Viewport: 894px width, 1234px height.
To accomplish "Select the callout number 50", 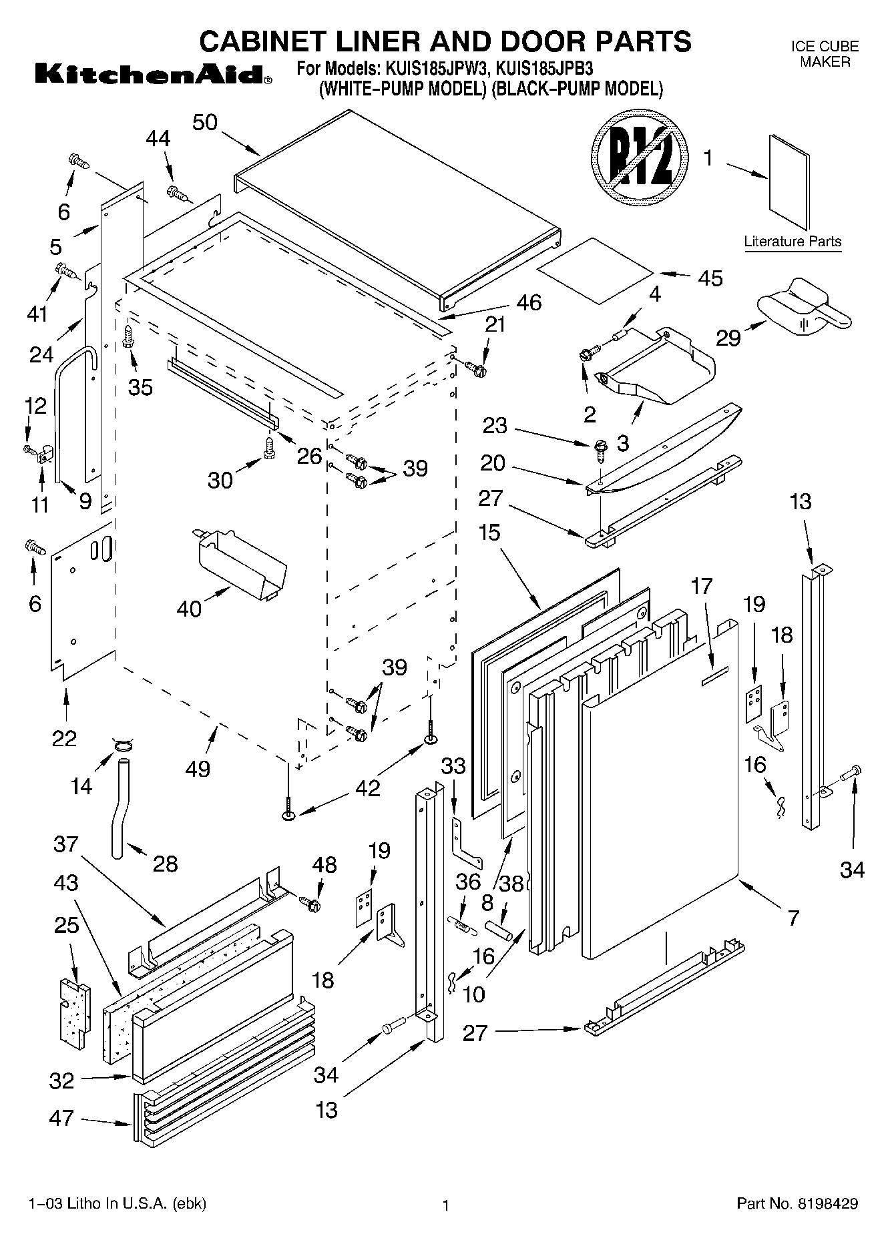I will coord(205,123).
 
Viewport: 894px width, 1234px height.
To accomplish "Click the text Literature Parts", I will coord(793,242).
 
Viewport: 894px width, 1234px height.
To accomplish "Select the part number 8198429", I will coord(828,1204).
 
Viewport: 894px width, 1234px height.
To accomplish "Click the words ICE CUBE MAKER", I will coord(825,54).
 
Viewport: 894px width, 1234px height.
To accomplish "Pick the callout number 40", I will coord(190,609).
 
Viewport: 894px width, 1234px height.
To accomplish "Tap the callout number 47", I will coord(61,1117).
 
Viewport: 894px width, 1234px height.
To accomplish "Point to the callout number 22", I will coord(65,738).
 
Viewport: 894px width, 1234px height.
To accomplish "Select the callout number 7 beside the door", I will coord(793,919).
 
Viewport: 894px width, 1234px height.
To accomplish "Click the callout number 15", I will coord(489,533).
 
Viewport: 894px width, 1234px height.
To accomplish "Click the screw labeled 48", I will coord(311,904).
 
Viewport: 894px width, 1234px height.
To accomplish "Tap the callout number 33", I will coord(454,766).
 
